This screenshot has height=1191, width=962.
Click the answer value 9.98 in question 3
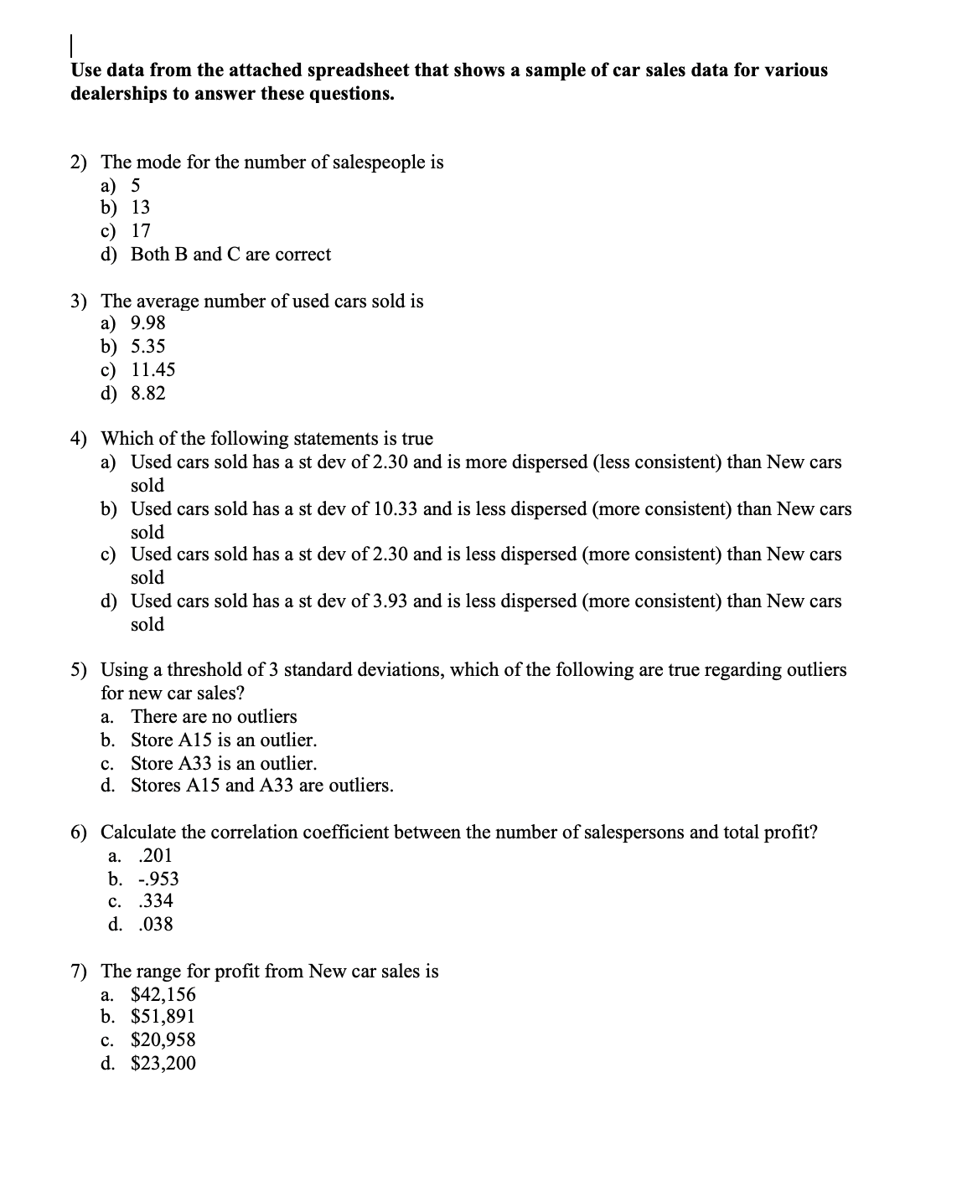point(148,323)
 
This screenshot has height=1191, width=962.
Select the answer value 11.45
point(153,370)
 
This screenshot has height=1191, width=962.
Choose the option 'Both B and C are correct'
point(230,255)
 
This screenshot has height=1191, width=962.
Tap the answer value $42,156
point(163,995)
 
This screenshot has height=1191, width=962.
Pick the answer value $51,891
point(163,1017)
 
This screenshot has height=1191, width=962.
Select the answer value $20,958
point(163,1040)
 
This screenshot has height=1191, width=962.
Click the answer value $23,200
point(163,1064)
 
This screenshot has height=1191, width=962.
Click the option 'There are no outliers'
point(214,717)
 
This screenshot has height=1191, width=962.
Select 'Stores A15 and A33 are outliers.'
point(261,786)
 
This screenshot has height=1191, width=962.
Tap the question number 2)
point(80,162)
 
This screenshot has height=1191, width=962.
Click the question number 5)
point(80,670)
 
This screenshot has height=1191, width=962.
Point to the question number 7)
point(80,972)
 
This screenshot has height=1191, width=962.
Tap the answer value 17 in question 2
point(141,231)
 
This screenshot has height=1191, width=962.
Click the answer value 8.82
point(148,394)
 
